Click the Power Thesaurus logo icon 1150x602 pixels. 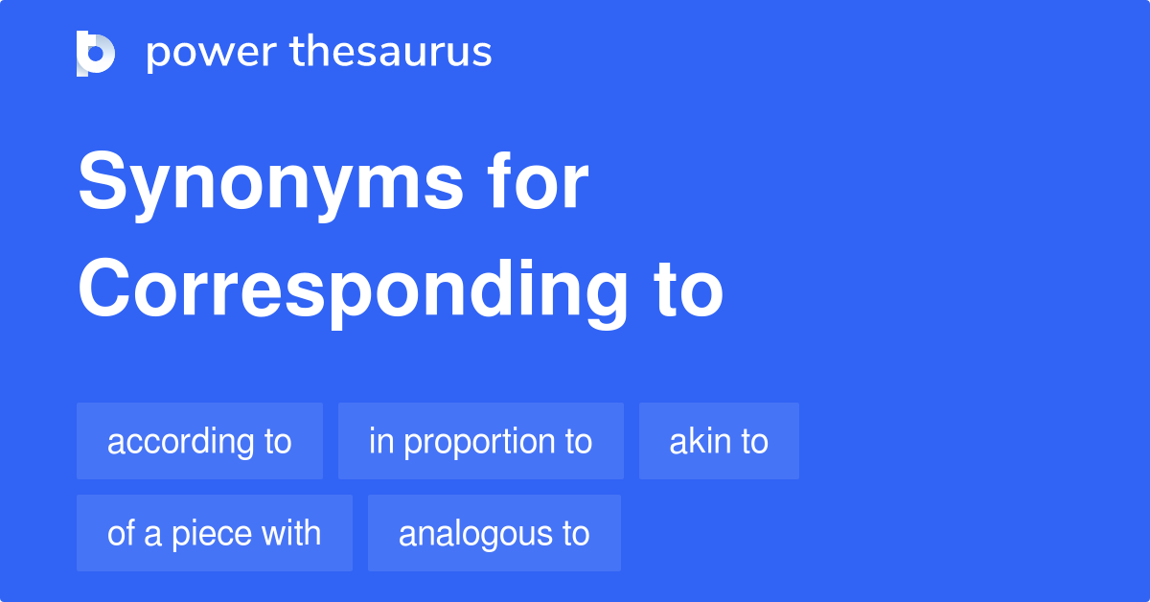pyautogui.click(x=96, y=54)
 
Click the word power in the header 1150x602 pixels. pyautogui.click(x=212, y=54)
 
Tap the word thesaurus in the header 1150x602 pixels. pyautogui.click(x=391, y=51)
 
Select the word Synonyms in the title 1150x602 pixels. pyautogui.click(x=270, y=185)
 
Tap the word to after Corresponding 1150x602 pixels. pyautogui.click(x=688, y=290)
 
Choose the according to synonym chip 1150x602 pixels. pyautogui.click(x=199, y=441)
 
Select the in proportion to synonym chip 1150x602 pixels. pyautogui.click(x=481, y=441)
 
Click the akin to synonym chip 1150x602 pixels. pyautogui.click(x=719, y=441)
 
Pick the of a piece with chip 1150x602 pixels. pyautogui.click(x=215, y=533)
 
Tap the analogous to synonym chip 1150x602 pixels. pyautogui.click(x=494, y=533)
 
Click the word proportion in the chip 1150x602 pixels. pyautogui.click(x=479, y=443)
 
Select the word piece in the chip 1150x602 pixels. pyautogui.click(x=212, y=535)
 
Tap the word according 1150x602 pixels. pyautogui.click(x=180, y=443)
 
